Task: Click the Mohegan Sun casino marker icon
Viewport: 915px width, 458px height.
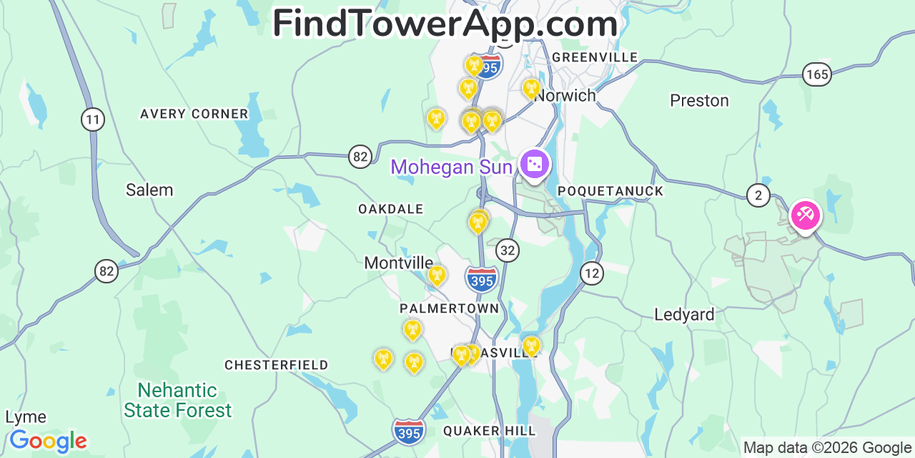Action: (534, 165)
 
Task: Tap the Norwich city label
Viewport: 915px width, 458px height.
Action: (565, 95)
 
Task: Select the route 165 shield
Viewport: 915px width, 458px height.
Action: (816, 74)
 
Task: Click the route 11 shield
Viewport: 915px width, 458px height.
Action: (92, 119)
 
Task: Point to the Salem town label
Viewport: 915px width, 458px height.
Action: (149, 190)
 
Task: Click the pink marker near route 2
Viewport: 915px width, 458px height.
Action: (806, 214)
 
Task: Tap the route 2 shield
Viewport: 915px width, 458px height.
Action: (758, 195)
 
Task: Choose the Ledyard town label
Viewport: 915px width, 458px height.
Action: (684, 314)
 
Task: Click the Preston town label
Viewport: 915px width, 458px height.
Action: (699, 100)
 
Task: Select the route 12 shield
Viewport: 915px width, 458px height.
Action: (591, 273)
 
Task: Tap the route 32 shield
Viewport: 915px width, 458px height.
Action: (508, 250)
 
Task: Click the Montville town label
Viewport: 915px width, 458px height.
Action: (399, 263)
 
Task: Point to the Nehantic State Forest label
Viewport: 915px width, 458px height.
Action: (177, 400)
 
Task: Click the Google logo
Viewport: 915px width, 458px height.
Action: (48, 441)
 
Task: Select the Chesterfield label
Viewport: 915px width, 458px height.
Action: (277, 365)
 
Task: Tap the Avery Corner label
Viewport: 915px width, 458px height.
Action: (194, 114)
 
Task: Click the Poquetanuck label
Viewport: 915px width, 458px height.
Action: (610, 191)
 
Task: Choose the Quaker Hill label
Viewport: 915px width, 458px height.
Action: (489, 430)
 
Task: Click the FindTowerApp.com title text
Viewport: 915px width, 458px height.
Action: (445, 24)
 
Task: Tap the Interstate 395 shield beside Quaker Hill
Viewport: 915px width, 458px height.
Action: (409, 431)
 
